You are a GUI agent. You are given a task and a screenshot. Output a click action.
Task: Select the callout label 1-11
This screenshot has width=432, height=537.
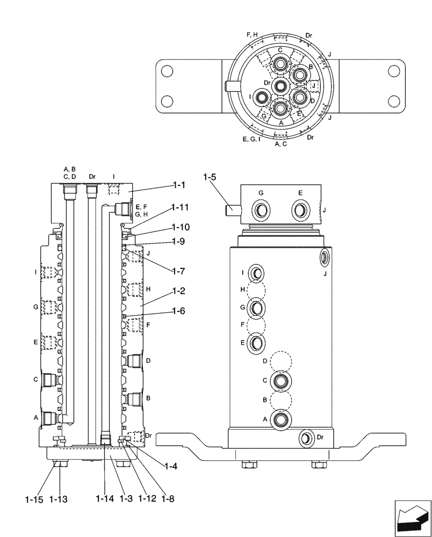(x=180, y=207)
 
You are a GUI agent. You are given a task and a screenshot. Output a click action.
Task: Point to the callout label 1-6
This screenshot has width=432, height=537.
(x=179, y=310)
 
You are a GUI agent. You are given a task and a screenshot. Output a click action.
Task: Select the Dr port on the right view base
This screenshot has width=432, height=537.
(x=306, y=438)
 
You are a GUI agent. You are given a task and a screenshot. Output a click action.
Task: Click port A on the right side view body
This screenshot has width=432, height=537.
(x=280, y=419)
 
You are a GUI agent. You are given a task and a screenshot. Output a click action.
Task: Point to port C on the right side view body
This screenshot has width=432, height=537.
(x=280, y=381)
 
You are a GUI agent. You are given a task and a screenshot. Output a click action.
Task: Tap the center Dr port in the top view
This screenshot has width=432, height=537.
(x=280, y=86)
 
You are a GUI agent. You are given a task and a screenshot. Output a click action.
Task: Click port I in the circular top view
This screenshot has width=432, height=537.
(x=261, y=97)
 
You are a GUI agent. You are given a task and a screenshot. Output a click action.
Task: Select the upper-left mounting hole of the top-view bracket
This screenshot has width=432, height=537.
(x=167, y=70)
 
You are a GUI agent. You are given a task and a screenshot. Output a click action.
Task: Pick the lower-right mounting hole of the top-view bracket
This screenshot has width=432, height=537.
(x=394, y=100)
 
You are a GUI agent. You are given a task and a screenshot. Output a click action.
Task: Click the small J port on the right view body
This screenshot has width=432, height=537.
(x=325, y=257)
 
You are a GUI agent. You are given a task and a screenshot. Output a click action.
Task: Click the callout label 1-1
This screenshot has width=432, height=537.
(x=179, y=185)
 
